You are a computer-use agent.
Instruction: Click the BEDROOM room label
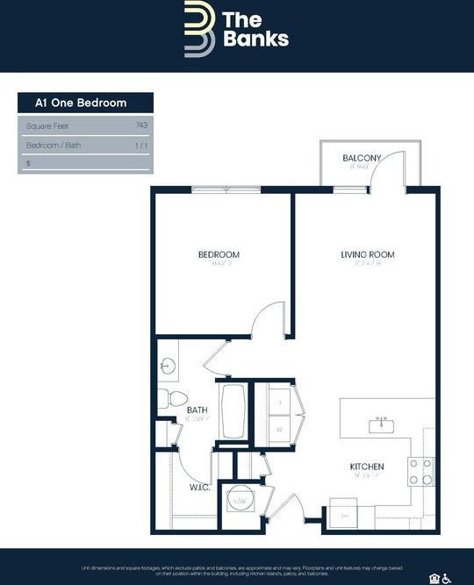pos(219,255)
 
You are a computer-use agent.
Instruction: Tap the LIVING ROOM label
pos(368,255)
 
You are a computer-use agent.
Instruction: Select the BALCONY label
pos(362,158)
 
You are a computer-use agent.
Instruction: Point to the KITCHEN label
pos(368,467)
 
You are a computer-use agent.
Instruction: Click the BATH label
pos(197,410)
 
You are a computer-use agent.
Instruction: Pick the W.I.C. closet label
pos(197,488)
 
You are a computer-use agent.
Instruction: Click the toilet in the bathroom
pos(169,399)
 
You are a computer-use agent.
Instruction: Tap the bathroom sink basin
pos(166,365)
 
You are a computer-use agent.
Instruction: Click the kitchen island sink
pos(381,426)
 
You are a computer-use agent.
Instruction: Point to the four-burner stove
pos(420,472)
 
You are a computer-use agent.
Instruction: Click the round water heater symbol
pos(238,502)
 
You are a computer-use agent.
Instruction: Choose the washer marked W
pos(279,430)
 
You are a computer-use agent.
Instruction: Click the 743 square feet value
pos(141,125)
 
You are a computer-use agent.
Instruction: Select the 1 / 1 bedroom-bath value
pos(141,145)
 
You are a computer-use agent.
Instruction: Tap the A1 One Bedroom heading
pos(81,103)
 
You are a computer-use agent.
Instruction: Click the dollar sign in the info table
pos(29,163)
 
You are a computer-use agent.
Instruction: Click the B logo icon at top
pos(198,29)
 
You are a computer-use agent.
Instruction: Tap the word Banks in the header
pos(255,39)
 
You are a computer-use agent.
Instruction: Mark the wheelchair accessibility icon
pos(446,577)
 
